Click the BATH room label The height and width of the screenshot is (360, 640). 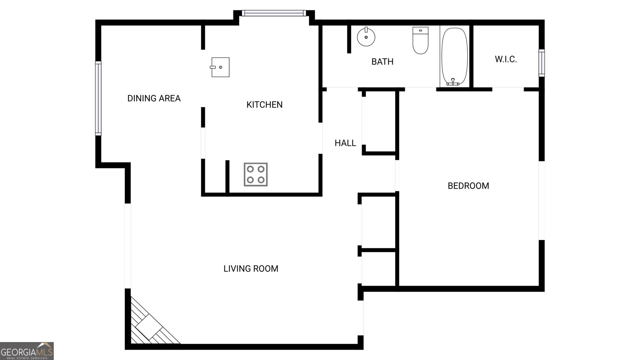pyautogui.click(x=382, y=62)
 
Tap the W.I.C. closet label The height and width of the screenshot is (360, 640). pyautogui.click(x=506, y=60)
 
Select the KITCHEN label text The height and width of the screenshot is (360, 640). pyautogui.click(x=264, y=105)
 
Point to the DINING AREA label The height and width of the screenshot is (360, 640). pyautogui.click(x=154, y=98)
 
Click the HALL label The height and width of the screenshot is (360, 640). pyautogui.click(x=345, y=143)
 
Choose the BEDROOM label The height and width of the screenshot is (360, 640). pyautogui.click(x=468, y=186)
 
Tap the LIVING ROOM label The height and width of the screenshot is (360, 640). pyautogui.click(x=251, y=269)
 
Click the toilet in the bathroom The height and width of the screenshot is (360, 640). pyautogui.click(x=420, y=40)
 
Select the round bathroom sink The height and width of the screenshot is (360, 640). pyautogui.click(x=366, y=37)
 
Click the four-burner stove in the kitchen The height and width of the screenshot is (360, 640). pyautogui.click(x=256, y=174)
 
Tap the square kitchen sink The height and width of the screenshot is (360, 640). pyautogui.click(x=220, y=67)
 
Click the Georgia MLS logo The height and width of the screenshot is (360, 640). pyautogui.click(x=26, y=351)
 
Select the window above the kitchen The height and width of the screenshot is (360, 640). pyautogui.click(x=274, y=14)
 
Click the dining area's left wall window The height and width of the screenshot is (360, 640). pyautogui.click(x=98, y=98)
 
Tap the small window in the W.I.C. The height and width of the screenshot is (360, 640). pyautogui.click(x=541, y=63)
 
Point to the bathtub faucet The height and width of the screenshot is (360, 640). pyautogui.click(x=453, y=82)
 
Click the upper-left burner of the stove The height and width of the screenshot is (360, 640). pyautogui.click(x=250, y=169)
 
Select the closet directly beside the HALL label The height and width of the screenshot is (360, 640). pyautogui.click(x=379, y=122)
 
